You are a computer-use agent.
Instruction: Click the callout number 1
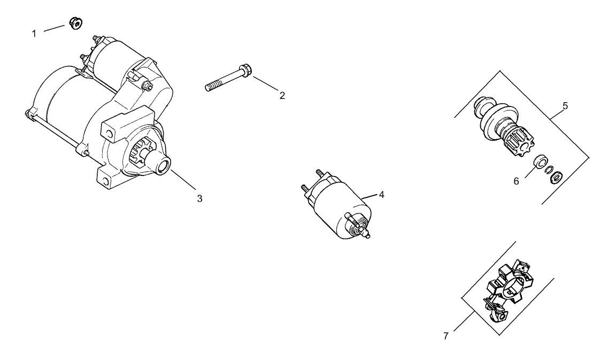click(x=34, y=34)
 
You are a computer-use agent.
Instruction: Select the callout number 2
click(x=282, y=96)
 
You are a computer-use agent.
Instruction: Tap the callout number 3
click(x=199, y=198)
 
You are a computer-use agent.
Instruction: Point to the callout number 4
click(x=381, y=195)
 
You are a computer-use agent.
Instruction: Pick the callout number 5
click(x=565, y=105)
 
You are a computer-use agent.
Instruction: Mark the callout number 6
click(x=517, y=181)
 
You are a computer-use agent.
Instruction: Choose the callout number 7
click(x=446, y=336)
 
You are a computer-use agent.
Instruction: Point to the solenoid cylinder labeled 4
click(x=337, y=206)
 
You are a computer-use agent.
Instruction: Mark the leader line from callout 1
click(x=54, y=28)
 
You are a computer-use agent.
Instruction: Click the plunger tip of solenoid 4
click(x=367, y=236)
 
